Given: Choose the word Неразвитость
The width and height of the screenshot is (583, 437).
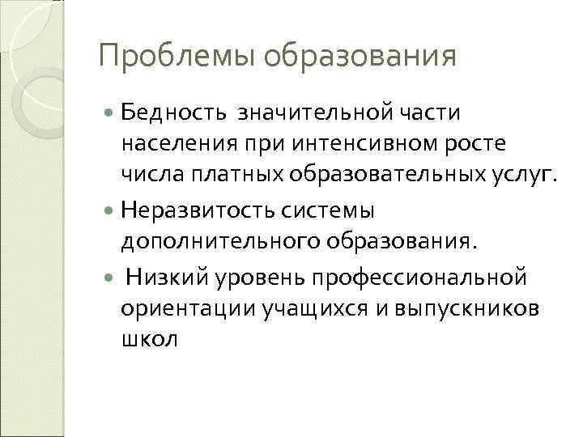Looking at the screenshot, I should tap(197, 211).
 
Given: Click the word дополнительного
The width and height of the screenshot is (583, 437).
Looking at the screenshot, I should tap(212, 244).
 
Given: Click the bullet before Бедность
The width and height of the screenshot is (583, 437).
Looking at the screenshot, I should tap(109, 110).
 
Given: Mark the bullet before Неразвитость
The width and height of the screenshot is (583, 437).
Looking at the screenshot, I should tap(109, 212).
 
